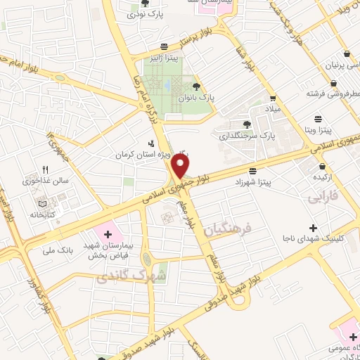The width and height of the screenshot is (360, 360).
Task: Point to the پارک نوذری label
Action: point(157,15)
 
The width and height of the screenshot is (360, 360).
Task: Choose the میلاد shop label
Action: point(272,110)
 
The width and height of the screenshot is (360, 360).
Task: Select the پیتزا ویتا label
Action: point(319,131)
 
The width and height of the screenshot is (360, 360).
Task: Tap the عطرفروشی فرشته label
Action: point(330,93)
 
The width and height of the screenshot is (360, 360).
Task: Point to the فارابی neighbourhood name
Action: point(323,199)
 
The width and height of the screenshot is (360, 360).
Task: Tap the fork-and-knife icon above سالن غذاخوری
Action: point(45,169)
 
